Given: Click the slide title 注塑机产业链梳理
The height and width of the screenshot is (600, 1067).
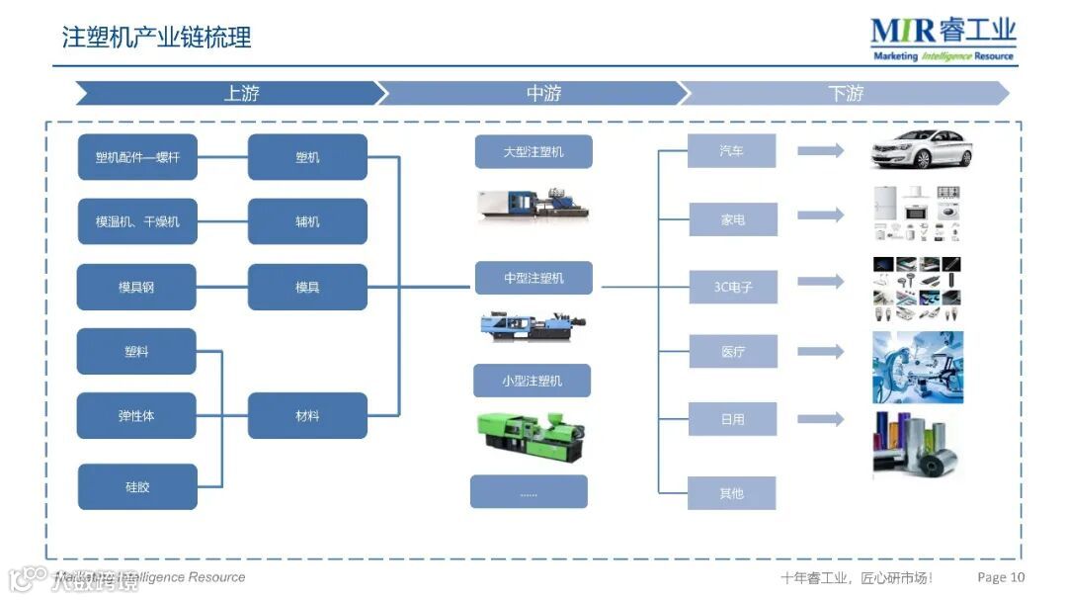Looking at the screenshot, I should (x=157, y=38).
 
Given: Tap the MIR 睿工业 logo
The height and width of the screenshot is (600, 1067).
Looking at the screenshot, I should (x=943, y=40).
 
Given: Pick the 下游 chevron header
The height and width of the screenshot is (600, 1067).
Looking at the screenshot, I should (x=845, y=94).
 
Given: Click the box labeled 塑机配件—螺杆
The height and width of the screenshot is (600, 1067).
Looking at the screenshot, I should (x=137, y=157).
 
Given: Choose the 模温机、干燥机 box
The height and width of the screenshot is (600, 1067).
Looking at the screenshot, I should (x=137, y=221).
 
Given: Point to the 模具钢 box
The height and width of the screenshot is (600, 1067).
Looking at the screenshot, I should (x=136, y=287).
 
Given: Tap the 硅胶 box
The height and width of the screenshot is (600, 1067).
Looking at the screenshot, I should (x=137, y=486).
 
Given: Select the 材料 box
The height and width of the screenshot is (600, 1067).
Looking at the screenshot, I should (x=307, y=415).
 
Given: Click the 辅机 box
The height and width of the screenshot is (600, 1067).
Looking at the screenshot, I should (x=307, y=221).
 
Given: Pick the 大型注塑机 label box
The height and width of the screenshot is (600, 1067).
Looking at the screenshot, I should (x=533, y=152).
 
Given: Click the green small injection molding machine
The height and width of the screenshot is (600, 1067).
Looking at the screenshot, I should (x=525, y=434).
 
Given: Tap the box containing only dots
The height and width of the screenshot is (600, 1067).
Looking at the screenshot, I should (x=529, y=491).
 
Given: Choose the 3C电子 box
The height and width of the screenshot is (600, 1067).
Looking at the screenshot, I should (x=733, y=287).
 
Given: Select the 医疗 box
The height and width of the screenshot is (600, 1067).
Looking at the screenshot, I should (x=733, y=351).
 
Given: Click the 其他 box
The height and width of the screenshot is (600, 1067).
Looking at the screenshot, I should (x=732, y=492).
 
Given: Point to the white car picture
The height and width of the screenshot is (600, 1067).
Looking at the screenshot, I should (x=921, y=149).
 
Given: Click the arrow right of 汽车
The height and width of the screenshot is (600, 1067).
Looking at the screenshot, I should (x=821, y=150).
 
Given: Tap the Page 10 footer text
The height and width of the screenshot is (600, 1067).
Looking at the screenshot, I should (x=1001, y=577).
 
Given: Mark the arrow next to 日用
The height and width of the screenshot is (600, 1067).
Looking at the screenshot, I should (x=821, y=419).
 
